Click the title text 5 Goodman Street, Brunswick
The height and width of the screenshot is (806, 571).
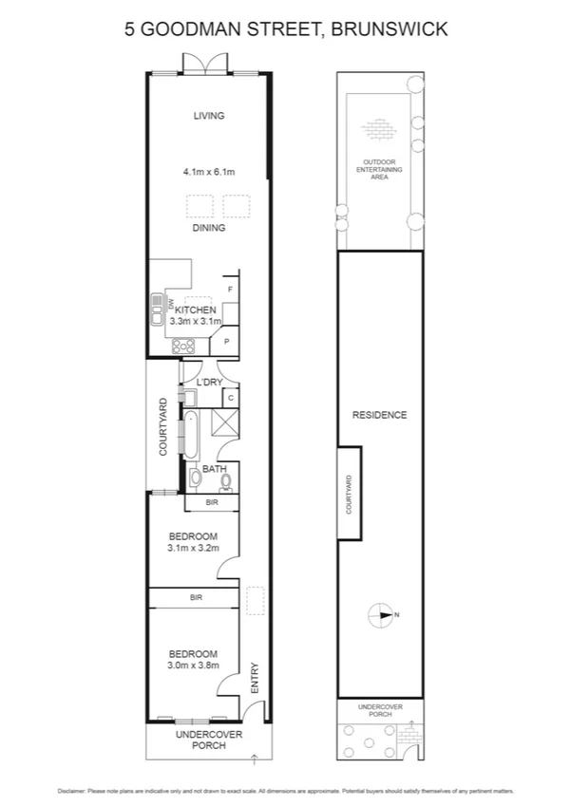(x=286, y=29)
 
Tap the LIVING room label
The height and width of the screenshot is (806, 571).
(x=208, y=116)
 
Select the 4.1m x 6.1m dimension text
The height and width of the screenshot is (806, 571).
(x=208, y=173)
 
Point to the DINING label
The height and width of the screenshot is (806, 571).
(x=209, y=228)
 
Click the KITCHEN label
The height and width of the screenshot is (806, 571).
(x=195, y=310)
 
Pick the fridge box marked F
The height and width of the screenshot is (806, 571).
(x=229, y=289)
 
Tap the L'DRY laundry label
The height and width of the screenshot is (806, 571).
(x=209, y=383)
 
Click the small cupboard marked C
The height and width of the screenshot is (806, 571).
(x=230, y=398)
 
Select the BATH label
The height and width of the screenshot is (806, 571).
(x=214, y=469)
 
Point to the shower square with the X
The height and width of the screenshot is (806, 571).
(x=224, y=422)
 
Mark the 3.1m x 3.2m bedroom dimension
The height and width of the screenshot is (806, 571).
(x=193, y=548)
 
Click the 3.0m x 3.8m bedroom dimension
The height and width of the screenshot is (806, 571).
(x=193, y=665)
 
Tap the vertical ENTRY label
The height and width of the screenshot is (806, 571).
(x=254, y=677)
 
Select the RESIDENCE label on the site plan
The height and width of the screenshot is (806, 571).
(x=379, y=415)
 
